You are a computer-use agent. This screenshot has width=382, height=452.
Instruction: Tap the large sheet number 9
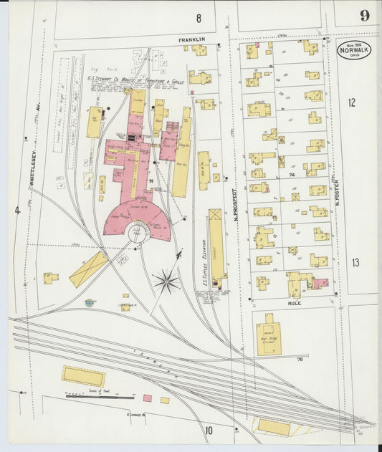coord(365,16)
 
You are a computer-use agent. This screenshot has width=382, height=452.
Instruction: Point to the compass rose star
coord(166,280)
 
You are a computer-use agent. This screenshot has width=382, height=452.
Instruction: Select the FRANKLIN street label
coord(192,39)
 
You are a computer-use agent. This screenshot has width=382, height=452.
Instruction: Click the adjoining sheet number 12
coord(351,102)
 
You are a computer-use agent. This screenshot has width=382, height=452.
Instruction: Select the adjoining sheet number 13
coord(355,262)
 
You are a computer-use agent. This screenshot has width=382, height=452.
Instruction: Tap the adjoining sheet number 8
coord(199,16)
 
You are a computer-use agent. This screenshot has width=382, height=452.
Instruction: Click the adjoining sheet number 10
coord(209,431)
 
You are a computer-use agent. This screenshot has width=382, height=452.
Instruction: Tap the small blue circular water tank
coord(90,303)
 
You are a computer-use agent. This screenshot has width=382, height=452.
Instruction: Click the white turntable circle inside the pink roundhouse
coord(135,231)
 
